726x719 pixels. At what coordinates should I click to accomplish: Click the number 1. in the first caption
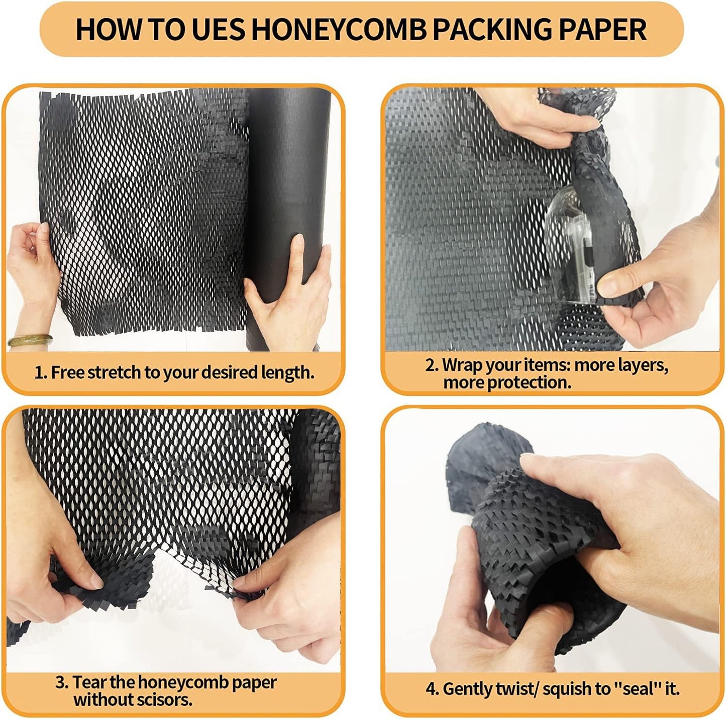(x=41, y=373)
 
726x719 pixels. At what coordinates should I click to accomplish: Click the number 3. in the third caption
(x=62, y=682)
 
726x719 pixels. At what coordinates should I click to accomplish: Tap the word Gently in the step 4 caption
(x=467, y=689)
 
